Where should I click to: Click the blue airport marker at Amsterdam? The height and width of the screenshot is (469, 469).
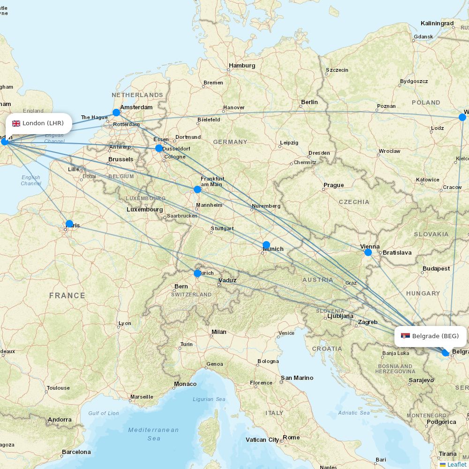click(116, 113)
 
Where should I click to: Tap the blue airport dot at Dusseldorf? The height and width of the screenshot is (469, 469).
click(159, 148)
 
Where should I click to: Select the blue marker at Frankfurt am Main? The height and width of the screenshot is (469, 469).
click(197, 189)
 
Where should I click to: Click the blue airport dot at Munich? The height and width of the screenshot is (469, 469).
click(266, 244)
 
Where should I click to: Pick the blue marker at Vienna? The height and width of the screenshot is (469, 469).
click(368, 252)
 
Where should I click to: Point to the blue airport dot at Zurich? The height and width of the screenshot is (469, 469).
click(197, 273)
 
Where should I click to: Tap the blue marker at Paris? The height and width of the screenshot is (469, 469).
click(69, 224)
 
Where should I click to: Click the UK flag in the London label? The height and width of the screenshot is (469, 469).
click(16, 123)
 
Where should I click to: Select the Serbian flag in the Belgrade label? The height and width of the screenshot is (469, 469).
click(405, 336)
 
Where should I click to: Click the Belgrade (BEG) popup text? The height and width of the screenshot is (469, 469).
click(435, 336)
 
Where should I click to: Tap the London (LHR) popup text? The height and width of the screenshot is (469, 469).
click(43, 123)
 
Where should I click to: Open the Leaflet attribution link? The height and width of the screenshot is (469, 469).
click(456, 464)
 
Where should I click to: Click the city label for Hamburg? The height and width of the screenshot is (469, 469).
click(242, 66)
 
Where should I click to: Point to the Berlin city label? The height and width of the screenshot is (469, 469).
click(310, 102)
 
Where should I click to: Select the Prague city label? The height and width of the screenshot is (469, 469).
click(333, 185)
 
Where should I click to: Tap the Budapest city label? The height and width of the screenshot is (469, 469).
click(436, 269)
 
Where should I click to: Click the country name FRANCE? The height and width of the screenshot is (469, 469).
click(67, 295)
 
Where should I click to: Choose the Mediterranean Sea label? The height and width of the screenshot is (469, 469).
click(153, 434)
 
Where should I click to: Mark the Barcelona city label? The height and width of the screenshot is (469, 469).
click(76, 452)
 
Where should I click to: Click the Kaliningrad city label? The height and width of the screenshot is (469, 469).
click(437, 23)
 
